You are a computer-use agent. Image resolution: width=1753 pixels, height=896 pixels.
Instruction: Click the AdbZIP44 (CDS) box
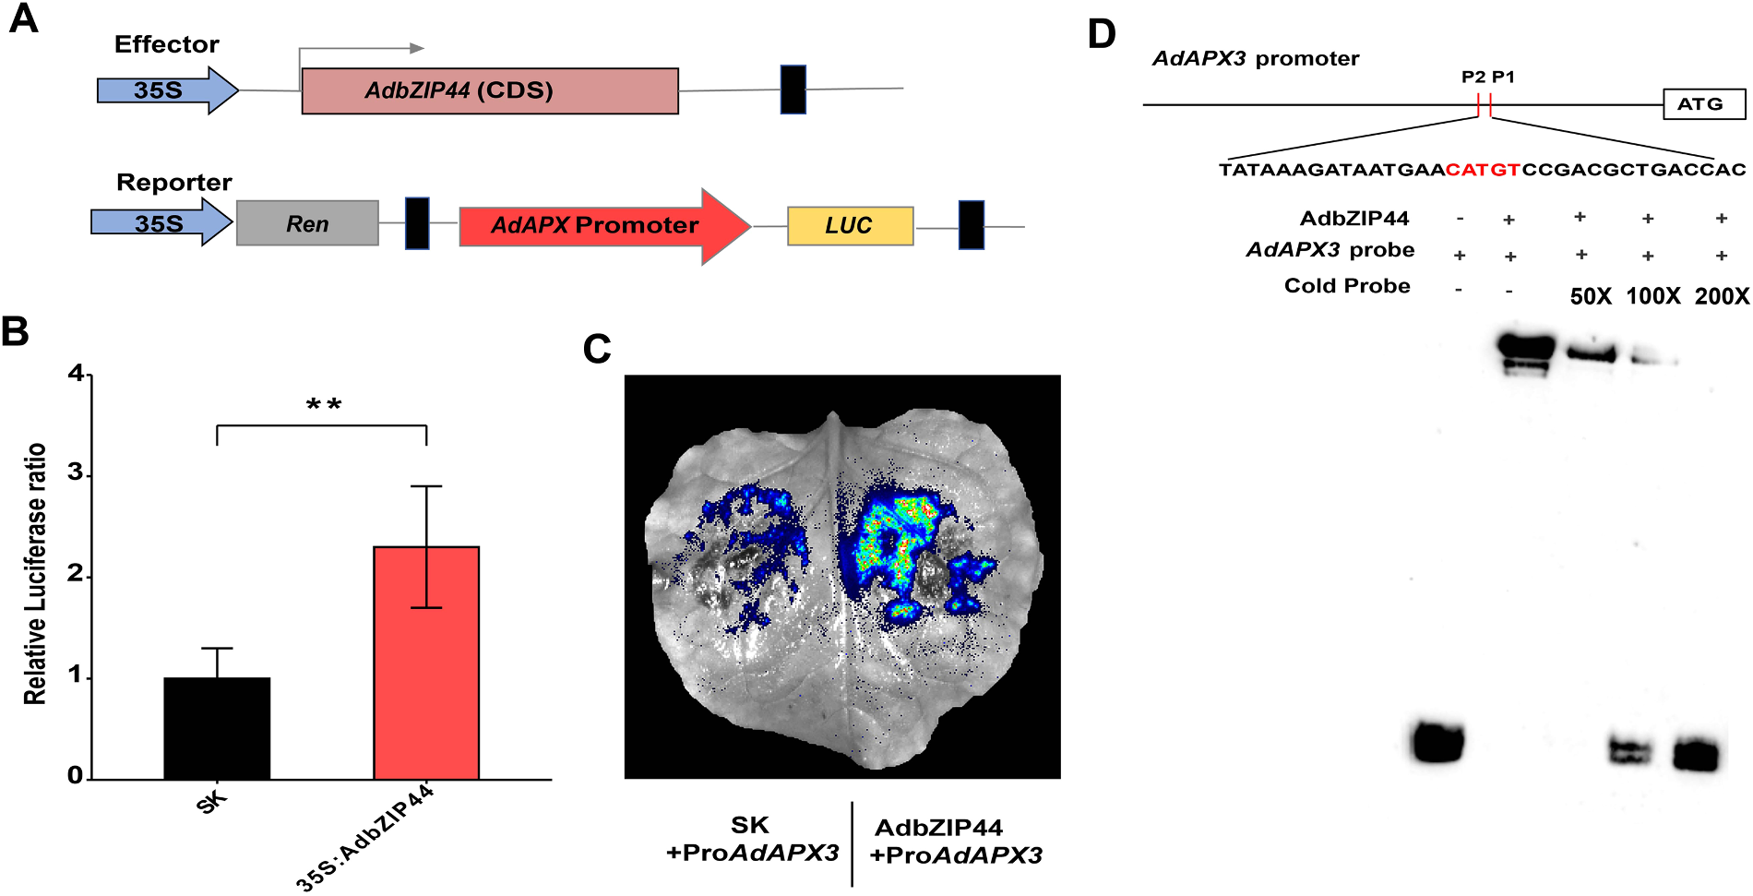pos(490,90)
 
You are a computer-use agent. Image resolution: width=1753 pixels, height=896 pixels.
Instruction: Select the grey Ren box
pos(307,223)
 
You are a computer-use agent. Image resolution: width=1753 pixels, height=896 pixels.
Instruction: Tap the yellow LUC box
pos(850,226)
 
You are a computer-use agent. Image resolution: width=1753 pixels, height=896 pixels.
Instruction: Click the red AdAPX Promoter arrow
pos(604,226)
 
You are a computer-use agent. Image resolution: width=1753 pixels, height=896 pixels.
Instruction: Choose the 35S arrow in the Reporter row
pos(161,223)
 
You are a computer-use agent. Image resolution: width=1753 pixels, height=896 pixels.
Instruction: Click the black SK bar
pos(217,729)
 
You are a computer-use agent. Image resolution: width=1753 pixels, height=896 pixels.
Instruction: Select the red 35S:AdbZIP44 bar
pos(426,663)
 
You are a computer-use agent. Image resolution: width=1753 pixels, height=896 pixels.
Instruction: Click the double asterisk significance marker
pos(324,404)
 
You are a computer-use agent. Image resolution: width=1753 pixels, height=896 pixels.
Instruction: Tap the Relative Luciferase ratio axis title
pos(35,574)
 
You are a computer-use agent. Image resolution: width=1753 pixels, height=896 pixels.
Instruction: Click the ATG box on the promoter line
pos(1704,104)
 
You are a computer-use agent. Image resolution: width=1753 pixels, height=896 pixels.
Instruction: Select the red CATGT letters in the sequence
pos(1483,170)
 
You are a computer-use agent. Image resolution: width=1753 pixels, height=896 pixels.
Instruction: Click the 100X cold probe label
pos(1652,296)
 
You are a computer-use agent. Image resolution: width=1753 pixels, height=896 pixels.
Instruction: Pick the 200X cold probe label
pos(1722,296)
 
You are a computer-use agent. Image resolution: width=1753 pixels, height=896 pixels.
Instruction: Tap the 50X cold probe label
pos(1591,296)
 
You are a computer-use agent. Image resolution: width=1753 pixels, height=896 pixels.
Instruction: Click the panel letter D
pos(1102,34)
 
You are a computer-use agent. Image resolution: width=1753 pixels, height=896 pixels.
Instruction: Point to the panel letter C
pos(597,349)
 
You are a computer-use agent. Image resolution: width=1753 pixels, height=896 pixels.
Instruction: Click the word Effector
pos(167,44)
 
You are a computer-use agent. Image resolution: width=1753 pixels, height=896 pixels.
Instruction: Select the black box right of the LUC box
pos(972,225)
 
